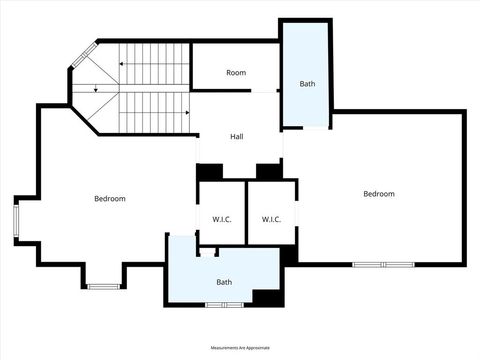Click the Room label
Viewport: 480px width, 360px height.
click(x=236, y=73)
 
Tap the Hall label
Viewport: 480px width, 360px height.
click(x=237, y=137)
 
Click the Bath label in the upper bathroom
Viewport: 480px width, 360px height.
click(x=307, y=84)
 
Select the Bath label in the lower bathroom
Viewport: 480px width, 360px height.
click(x=224, y=282)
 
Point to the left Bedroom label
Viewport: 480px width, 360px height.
click(x=110, y=199)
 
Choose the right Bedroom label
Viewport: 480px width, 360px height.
click(x=379, y=194)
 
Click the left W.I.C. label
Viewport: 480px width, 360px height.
click(x=222, y=219)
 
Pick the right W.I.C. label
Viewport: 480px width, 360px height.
click(x=271, y=219)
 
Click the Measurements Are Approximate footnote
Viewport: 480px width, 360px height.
click(x=240, y=348)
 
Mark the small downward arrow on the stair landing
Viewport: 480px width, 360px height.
click(x=95, y=90)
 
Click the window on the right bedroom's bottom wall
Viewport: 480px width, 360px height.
click(x=383, y=264)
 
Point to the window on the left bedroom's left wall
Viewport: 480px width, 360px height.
click(x=15, y=221)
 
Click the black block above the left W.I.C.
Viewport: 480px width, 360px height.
click(x=210, y=171)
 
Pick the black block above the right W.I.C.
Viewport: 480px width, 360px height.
click(x=268, y=171)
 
